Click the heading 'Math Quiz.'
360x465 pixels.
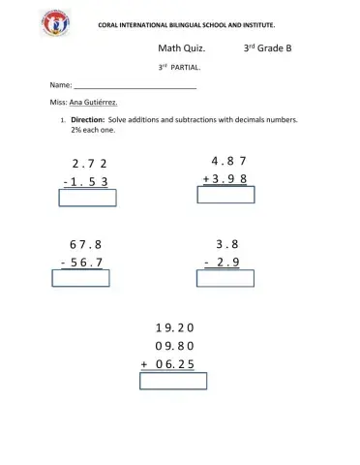[181, 47]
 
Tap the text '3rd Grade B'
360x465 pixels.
[266, 47]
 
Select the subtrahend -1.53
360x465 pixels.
[85, 181]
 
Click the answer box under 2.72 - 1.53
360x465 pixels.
[88, 198]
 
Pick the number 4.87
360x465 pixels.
[229, 160]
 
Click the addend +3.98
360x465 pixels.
[225, 178]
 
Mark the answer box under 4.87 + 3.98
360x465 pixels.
[225, 195]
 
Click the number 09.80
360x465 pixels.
[174, 346]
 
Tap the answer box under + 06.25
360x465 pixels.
[173, 381]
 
